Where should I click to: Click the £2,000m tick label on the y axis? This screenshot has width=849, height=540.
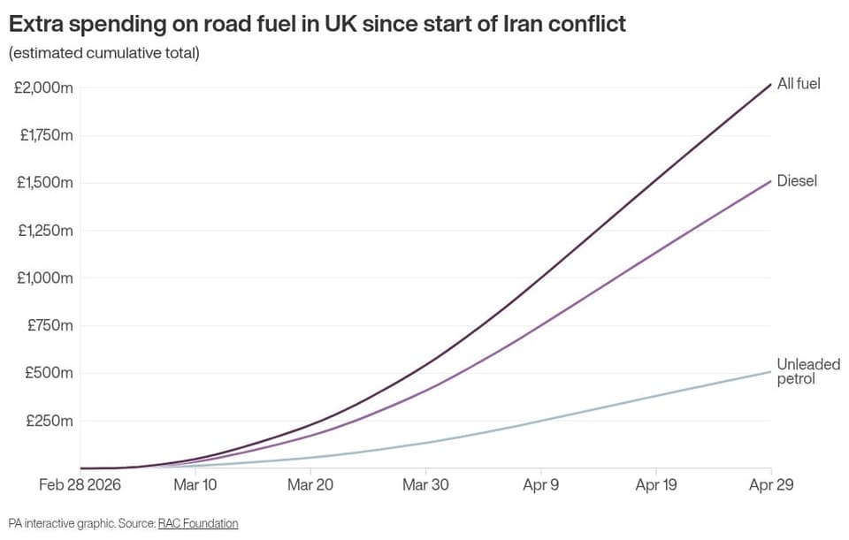[43, 87]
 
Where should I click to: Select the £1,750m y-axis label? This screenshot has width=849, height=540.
[47, 135]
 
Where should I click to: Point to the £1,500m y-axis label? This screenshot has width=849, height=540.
[45, 183]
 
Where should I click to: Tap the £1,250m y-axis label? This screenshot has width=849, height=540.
[45, 231]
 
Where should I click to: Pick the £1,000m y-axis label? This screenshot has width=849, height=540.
[45, 278]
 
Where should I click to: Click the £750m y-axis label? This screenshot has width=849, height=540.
[50, 326]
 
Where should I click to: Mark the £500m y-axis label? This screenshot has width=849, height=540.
[50, 373]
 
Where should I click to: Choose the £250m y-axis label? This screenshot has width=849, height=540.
[50, 421]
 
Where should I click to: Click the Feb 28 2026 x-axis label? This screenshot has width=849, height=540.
[80, 484]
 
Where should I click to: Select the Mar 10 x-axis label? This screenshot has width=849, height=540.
[195, 484]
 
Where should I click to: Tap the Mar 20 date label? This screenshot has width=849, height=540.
[310, 484]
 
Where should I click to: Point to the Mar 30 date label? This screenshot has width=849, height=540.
[425, 484]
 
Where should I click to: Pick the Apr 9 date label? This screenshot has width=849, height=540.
[541, 484]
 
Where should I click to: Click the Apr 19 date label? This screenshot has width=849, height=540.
[656, 484]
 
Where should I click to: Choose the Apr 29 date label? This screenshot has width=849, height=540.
[771, 484]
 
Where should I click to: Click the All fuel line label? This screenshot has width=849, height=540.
[799, 84]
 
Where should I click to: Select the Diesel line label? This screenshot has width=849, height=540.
[797, 180]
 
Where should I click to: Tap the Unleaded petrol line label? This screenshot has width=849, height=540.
[808, 371]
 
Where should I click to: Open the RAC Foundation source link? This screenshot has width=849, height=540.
[198, 523]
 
